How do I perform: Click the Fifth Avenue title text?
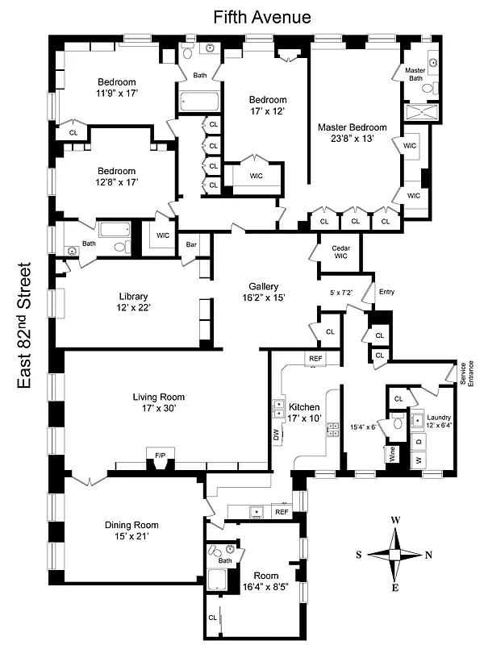(x=261, y=17)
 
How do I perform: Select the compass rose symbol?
(x=395, y=555)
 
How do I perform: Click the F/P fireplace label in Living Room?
(x=160, y=456)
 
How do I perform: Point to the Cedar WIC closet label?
(x=334, y=252)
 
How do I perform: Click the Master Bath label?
(x=415, y=74)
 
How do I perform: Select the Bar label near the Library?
(x=192, y=244)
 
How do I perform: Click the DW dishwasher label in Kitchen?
(x=277, y=433)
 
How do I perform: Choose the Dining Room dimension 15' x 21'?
(x=128, y=536)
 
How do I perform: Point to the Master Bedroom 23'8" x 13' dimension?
(x=352, y=139)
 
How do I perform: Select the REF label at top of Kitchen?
(x=314, y=358)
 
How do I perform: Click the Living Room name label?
(x=159, y=397)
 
